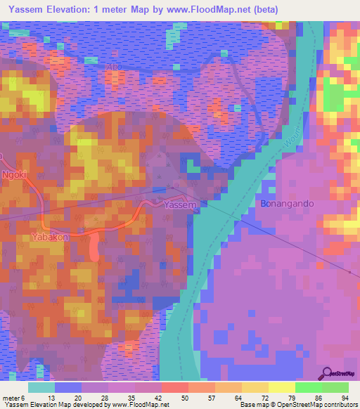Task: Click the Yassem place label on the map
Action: [x=175, y=204]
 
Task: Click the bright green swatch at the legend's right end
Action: [x=335, y=387]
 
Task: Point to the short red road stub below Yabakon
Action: [x=95, y=247]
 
